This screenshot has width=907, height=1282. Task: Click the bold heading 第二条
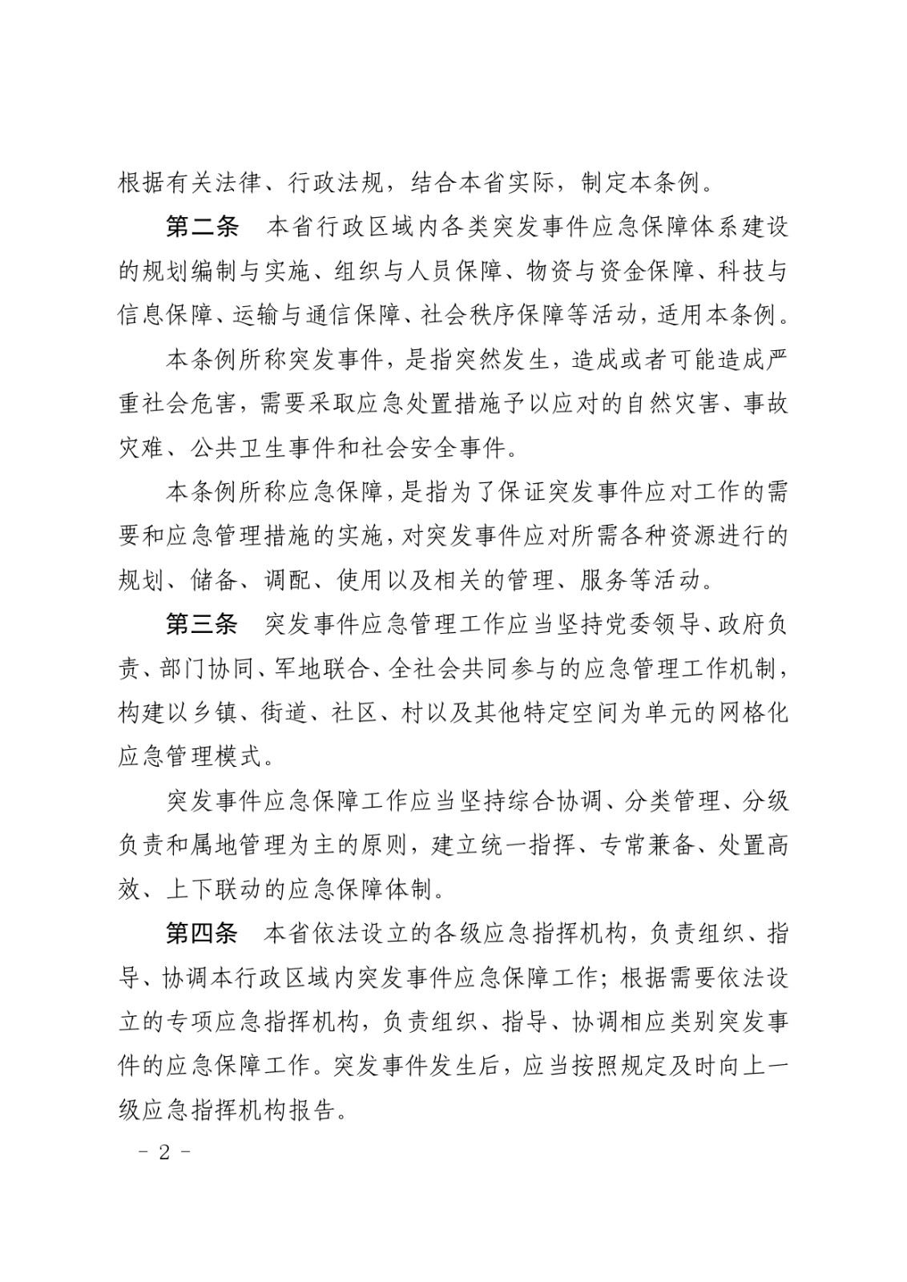(x=202, y=227)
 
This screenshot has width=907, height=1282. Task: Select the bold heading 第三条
(x=202, y=624)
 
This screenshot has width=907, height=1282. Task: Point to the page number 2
(x=165, y=1153)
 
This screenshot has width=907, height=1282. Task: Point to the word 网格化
(x=752, y=712)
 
